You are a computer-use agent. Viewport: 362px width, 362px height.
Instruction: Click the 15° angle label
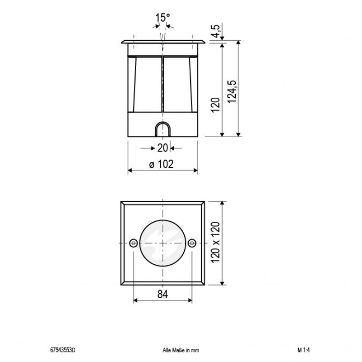162,19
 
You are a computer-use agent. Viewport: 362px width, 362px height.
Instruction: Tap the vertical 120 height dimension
216,104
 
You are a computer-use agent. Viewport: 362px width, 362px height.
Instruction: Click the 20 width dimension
162,148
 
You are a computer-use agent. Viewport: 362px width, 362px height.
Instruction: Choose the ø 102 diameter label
162,165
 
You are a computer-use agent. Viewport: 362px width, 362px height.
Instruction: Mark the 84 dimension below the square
162,295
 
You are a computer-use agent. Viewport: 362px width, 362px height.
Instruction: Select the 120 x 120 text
216,243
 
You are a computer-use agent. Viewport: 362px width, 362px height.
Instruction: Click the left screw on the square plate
133,243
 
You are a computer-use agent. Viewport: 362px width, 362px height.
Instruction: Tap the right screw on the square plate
192,243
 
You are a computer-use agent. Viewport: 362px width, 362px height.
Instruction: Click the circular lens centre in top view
162,243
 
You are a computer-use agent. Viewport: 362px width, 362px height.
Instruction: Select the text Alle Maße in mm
181,350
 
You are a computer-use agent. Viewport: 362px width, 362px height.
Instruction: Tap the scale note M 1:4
304,350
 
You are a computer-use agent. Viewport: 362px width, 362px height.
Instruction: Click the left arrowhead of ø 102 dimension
129,171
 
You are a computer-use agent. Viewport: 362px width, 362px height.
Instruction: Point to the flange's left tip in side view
121,43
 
